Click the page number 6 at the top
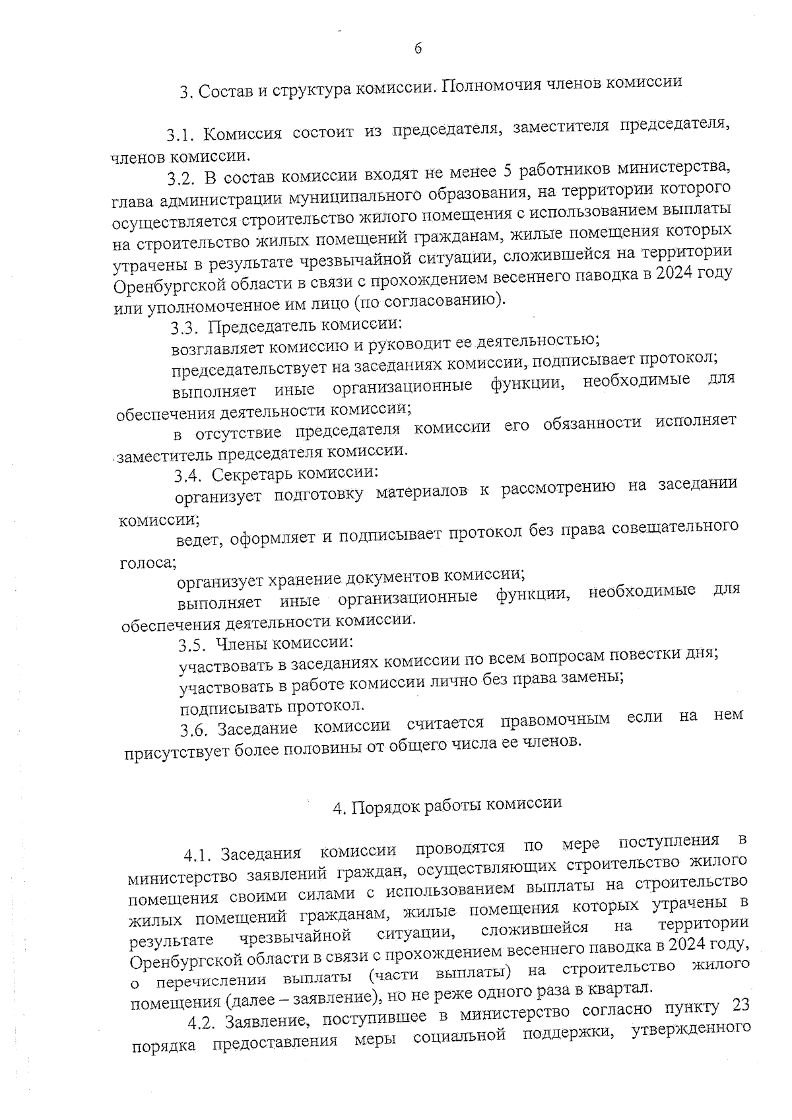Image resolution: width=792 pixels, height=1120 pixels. [418, 48]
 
